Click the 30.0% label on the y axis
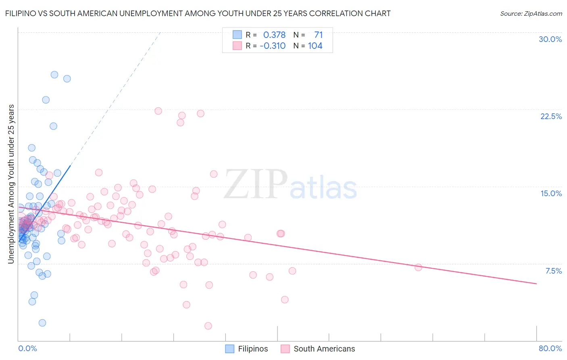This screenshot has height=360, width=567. (x=550, y=39)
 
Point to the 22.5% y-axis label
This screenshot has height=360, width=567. (x=551, y=116)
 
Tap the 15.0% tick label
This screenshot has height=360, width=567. (x=551, y=193)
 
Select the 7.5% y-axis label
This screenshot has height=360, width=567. (x=553, y=271)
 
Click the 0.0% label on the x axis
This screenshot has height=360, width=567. (x=27, y=348)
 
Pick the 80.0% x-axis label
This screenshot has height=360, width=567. (x=550, y=348)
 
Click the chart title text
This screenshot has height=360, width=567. (x=198, y=13)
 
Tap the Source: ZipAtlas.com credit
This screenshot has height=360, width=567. (x=531, y=13)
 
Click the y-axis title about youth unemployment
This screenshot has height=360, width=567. (x=11, y=184)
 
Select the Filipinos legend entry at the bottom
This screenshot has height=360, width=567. (x=246, y=349)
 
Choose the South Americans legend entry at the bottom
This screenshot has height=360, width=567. (x=318, y=349)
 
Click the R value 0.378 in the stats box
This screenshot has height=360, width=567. (x=274, y=35)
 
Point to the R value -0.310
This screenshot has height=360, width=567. (x=273, y=46)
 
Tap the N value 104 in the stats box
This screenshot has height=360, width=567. (x=315, y=46)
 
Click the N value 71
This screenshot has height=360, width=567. (x=318, y=35)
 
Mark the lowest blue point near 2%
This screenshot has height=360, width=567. (x=42, y=323)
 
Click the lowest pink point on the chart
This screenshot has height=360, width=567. (x=208, y=326)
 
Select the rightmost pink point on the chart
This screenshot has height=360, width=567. (x=418, y=267)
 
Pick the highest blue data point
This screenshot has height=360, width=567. (x=54, y=75)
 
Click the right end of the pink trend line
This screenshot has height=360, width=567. (x=536, y=284)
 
